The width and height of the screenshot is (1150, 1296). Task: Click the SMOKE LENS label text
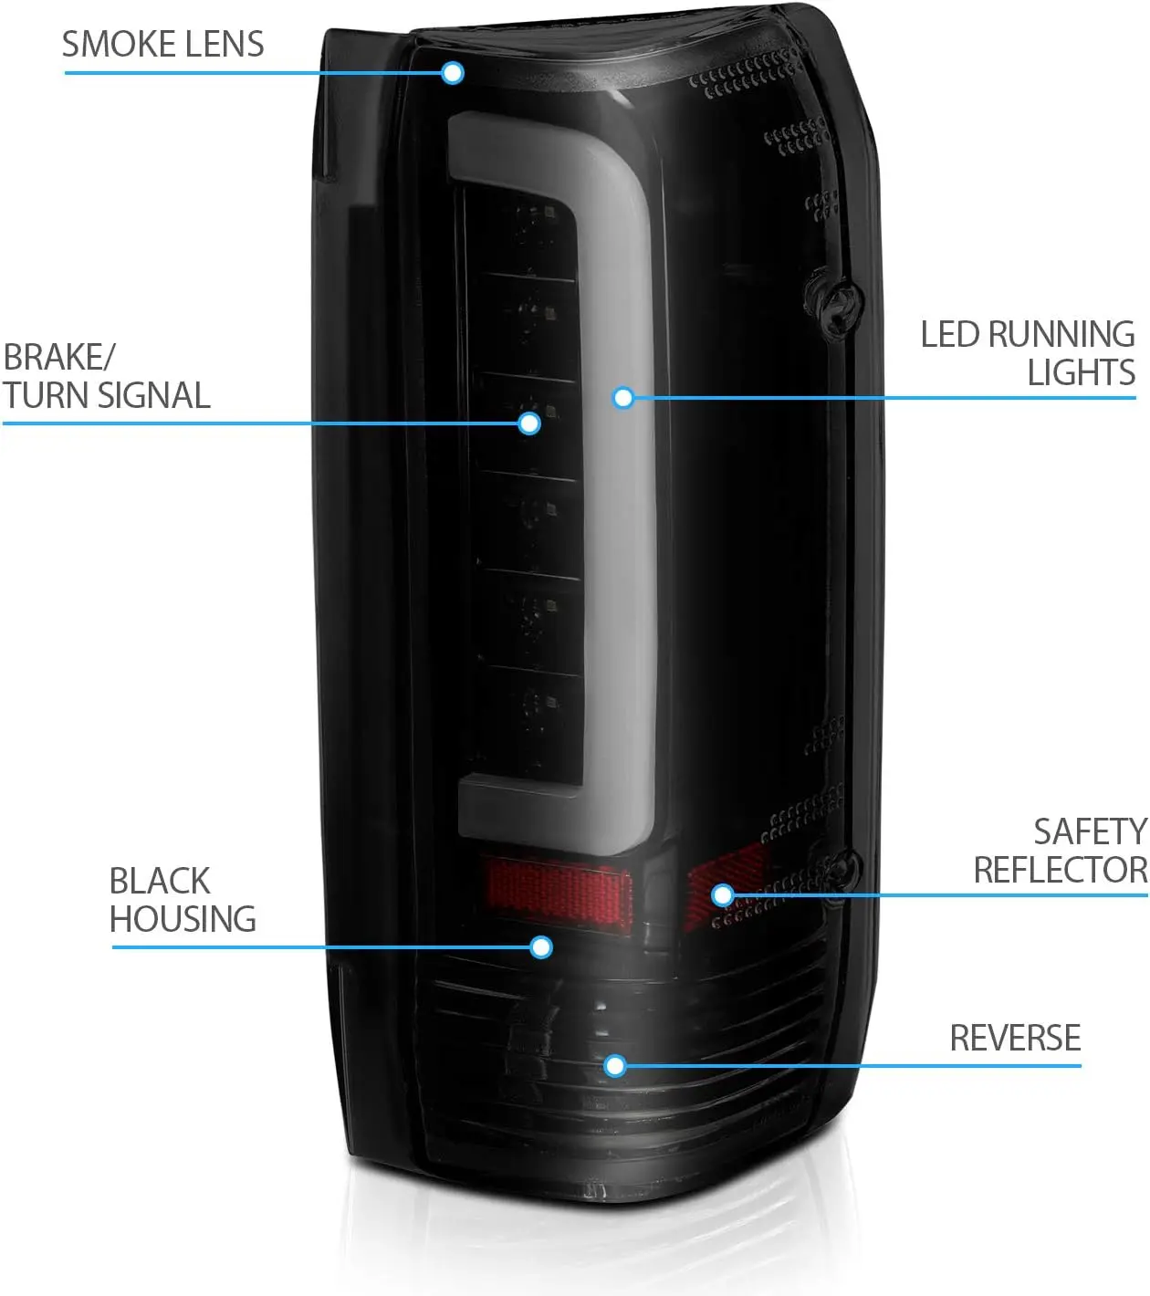pos(162,44)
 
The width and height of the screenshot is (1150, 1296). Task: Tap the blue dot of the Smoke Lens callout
pos(453,73)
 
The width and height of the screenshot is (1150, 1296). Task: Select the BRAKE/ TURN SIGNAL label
pos(106,376)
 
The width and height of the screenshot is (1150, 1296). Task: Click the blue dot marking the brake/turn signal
pos(529,423)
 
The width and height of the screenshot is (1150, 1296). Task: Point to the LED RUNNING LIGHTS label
pos(1028,353)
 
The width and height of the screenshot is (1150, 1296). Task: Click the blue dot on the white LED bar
pos(623,398)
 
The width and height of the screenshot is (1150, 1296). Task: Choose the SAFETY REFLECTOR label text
pos(1061,851)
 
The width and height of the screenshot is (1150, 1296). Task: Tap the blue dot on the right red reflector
pos(723,894)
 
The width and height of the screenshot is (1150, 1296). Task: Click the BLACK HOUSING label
pos(183,900)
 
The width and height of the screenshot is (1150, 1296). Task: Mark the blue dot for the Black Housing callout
pos(541,947)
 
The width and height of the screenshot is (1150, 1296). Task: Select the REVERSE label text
pos(1015,1038)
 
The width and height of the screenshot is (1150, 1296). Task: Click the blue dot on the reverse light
pos(615,1065)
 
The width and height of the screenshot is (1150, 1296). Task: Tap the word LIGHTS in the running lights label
pos(1081,372)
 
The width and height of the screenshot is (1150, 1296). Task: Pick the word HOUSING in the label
pos(183,919)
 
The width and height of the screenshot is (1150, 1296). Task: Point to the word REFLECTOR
pos(1061,870)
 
